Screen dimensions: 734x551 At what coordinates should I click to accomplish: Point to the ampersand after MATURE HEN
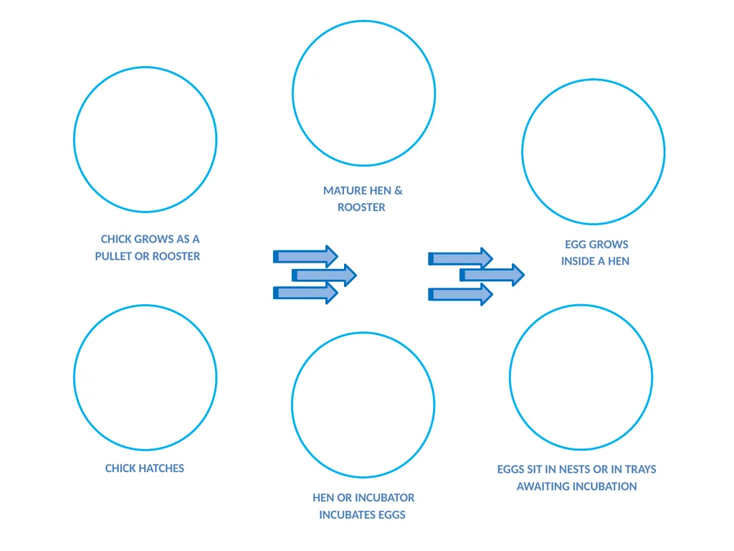[x=399, y=191]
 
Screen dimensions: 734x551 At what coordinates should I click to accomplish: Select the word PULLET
[x=113, y=256]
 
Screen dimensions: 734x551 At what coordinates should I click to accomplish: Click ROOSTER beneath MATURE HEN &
[x=361, y=207]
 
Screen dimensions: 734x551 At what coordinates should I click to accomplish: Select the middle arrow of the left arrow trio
[x=325, y=275]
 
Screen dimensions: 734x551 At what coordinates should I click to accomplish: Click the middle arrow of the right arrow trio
[x=492, y=275]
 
